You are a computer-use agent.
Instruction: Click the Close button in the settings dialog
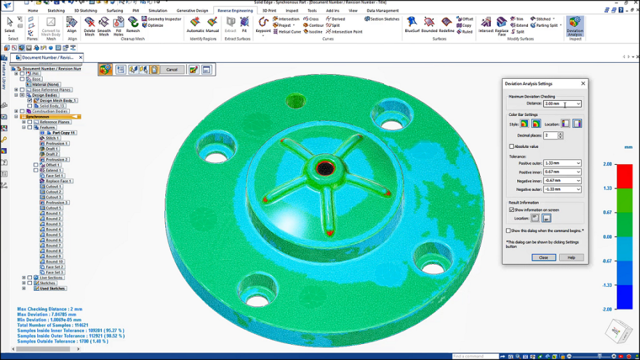[x=543, y=257]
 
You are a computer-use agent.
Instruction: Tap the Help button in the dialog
[x=571, y=257]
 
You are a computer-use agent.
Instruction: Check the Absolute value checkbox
[x=512, y=147]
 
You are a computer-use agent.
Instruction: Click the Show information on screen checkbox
[x=512, y=209]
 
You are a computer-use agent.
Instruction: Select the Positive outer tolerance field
[x=562, y=163]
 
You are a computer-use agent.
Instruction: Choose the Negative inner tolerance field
[x=562, y=181]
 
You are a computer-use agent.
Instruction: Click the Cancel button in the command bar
[x=171, y=69]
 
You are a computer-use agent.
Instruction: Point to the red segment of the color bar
[x=624, y=176]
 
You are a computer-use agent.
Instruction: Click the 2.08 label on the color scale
[x=607, y=164]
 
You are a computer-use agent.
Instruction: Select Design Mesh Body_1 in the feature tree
[x=58, y=101]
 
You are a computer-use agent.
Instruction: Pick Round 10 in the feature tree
[x=54, y=261]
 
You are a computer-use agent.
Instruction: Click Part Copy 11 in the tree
[x=64, y=133]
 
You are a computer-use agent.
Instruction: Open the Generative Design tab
[x=192, y=11]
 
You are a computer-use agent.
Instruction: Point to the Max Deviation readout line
[x=48, y=314]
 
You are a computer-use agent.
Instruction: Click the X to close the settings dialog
[x=583, y=83]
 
